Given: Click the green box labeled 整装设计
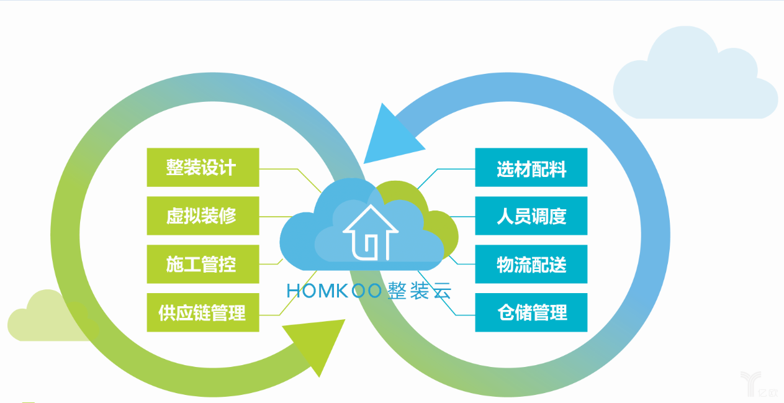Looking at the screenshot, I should click(x=202, y=168).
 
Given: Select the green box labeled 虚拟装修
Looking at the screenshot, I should click(x=202, y=216).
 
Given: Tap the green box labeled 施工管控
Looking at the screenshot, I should click(x=202, y=265).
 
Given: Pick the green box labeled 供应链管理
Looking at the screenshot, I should click(x=202, y=312).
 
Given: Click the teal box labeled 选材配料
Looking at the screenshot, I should click(x=531, y=168).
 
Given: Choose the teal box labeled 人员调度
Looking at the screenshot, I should click(x=531, y=216).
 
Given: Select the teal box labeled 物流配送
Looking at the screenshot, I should click(x=531, y=265).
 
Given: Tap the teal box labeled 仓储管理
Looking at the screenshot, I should click(x=531, y=312).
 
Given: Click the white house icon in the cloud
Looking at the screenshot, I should click(x=371, y=233).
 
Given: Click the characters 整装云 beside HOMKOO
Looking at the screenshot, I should click(x=418, y=291).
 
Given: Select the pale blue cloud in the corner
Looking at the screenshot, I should click(x=695, y=78).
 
